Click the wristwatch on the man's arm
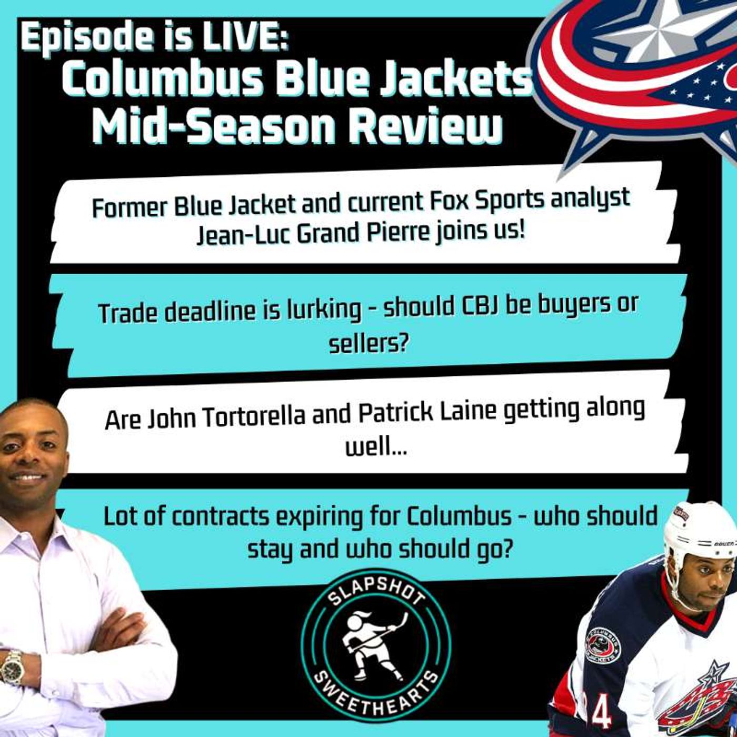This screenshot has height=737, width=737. tap(12, 667)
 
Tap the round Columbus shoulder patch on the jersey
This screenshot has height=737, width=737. tap(602, 645)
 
